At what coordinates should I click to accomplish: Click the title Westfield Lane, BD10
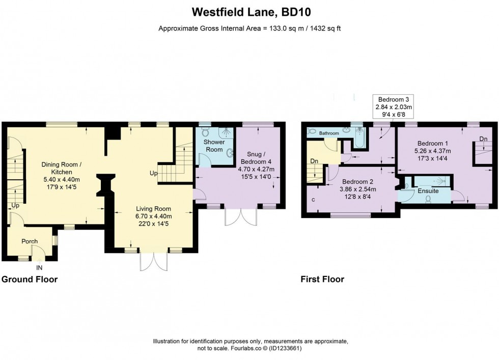coord(252,12)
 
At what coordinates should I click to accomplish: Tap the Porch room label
coord(30,241)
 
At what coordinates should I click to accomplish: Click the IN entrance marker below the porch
coord(39,268)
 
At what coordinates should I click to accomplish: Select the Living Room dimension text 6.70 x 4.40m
coord(154,216)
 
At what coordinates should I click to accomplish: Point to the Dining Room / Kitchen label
coord(62,168)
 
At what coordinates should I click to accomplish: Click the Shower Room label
coord(214,146)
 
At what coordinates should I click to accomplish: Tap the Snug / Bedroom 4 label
coord(256,157)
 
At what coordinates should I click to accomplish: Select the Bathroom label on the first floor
coord(329,133)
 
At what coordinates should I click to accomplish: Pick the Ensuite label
coord(428,191)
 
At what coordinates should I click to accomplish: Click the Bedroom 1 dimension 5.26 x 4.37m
coord(432,151)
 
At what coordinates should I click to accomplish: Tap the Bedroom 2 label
coord(357,182)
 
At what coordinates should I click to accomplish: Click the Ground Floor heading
coord(30,280)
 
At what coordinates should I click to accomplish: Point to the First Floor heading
coord(322,280)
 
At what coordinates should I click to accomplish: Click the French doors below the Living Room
coord(154,261)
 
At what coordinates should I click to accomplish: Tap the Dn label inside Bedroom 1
coord(483,139)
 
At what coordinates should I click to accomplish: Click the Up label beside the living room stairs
coord(154,173)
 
